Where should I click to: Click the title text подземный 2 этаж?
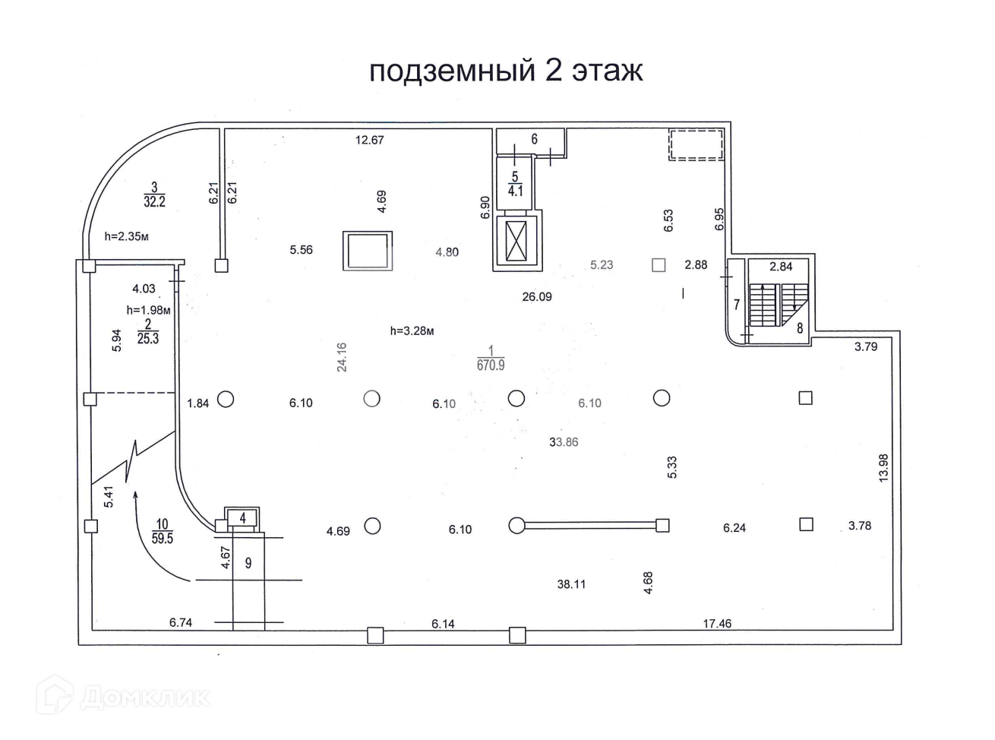coord(506,70)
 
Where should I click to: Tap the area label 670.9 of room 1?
coord(491,365)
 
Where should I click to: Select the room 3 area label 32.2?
coord(154,201)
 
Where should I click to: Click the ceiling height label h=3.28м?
coord(412,331)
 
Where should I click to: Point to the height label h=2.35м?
coord(126,236)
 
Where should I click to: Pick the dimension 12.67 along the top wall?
coord(370,140)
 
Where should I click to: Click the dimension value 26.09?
coord(536,297)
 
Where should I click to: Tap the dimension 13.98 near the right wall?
coord(883,467)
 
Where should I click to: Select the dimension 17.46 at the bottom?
coord(717,624)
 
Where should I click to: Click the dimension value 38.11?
coord(571,584)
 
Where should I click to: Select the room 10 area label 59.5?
coord(163,538)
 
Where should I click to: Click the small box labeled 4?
coord(242,518)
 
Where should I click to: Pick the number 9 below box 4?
coord(248,563)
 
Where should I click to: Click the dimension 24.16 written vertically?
coord(342,356)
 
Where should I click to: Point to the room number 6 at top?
coord(535,139)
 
